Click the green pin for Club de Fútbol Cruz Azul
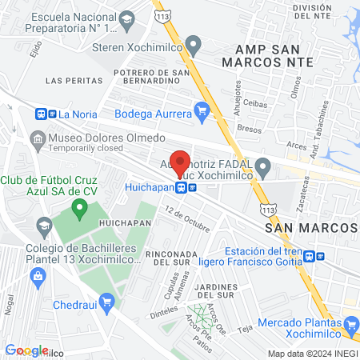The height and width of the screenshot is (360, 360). (78, 210)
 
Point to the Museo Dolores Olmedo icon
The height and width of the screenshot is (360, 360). (38, 140)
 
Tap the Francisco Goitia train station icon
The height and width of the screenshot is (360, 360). (320, 257)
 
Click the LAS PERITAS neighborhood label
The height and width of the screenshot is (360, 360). (74, 81)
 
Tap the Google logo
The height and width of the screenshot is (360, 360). (26, 350)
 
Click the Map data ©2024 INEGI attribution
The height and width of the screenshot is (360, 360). (311, 354)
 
